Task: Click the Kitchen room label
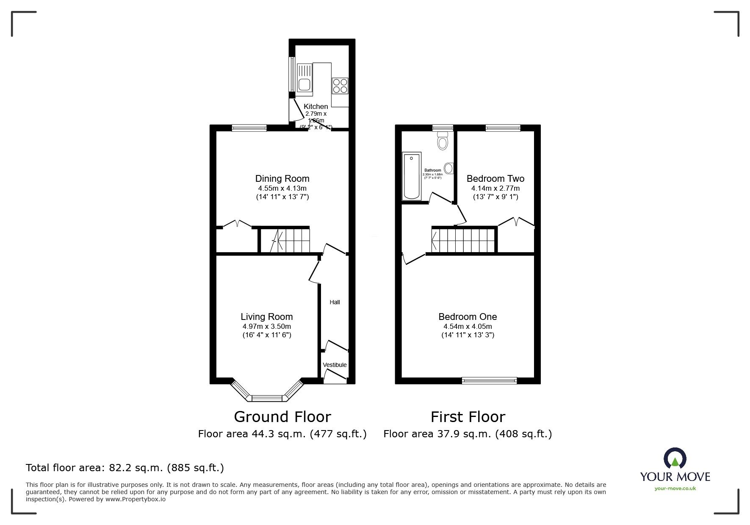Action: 315,106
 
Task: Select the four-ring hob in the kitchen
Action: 340,86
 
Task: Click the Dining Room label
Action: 282,178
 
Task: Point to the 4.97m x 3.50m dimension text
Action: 266,326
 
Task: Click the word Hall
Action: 335,302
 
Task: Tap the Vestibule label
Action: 335,365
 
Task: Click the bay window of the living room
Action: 267,397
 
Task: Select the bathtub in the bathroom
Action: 411,176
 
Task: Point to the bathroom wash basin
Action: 449,168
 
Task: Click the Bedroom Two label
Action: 495,178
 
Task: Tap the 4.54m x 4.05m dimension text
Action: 468,326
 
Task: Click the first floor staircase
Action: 463,240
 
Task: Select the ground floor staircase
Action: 285,241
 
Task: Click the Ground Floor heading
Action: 282,417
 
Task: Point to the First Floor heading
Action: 468,417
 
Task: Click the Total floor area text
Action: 125,468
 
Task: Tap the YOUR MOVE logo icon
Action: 675,458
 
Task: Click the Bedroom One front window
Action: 489,381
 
